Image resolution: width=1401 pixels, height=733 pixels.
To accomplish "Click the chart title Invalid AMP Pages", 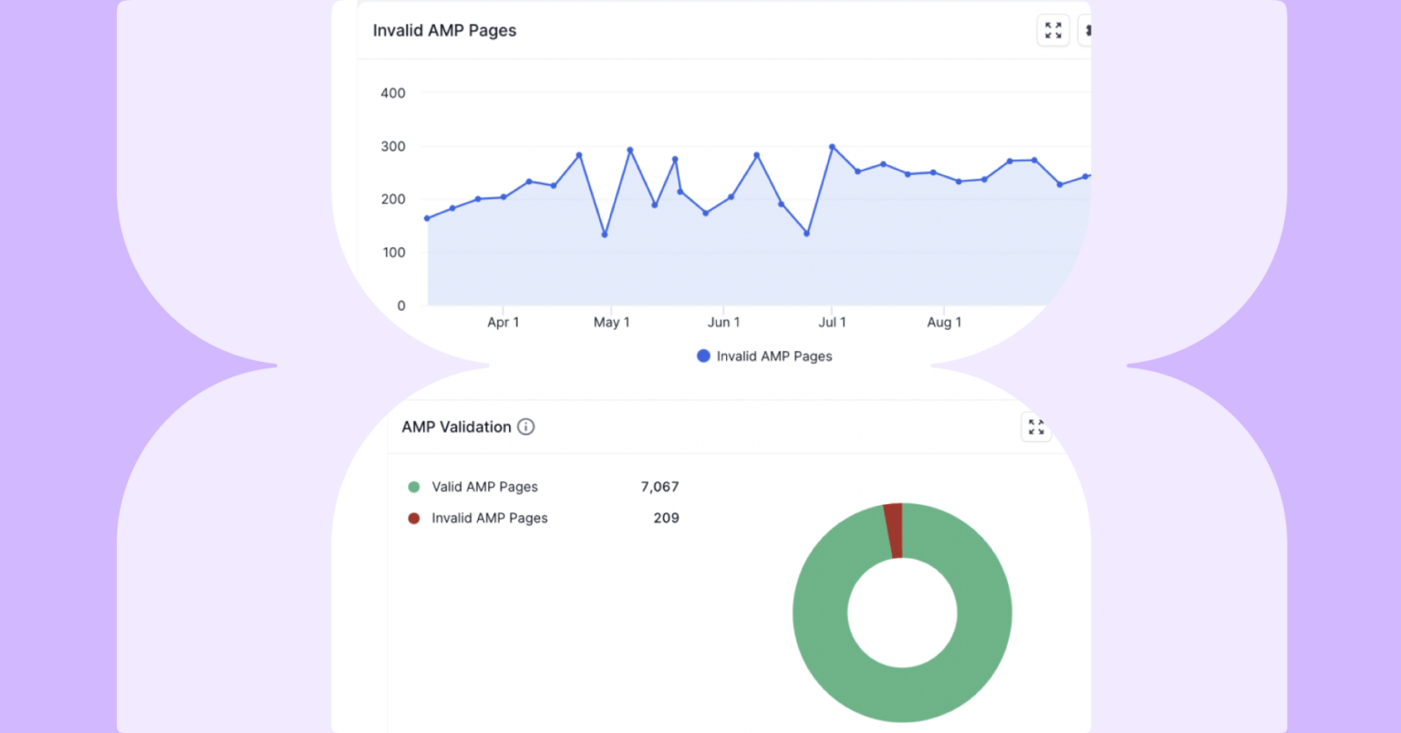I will (444, 30).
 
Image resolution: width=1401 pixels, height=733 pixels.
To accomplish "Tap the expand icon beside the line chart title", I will (1053, 30).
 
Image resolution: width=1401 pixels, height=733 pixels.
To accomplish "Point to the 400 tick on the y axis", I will (393, 93).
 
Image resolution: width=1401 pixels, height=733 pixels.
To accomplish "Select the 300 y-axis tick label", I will (393, 146).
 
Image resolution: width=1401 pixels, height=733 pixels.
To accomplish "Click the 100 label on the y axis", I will (394, 253).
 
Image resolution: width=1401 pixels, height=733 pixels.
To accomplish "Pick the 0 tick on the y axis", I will (400, 305).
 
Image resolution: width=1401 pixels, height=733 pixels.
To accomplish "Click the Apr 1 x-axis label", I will (503, 322).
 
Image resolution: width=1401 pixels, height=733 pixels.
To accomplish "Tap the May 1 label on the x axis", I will (611, 322).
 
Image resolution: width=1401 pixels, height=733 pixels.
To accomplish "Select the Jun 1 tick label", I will (723, 322).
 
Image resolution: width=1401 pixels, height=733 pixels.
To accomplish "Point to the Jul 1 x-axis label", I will (832, 322).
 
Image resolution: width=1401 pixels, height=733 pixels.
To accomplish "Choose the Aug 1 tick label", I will (944, 322).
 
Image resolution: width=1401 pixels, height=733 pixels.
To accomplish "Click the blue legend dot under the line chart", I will (703, 356).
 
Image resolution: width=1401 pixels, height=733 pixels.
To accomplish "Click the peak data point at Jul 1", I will (832, 147).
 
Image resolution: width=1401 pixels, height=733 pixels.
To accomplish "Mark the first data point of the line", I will (427, 219).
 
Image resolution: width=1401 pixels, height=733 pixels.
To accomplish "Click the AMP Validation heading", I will (456, 427).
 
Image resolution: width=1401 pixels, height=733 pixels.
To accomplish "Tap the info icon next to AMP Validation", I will (526, 427).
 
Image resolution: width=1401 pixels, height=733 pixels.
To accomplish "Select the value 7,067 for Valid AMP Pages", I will (659, 487).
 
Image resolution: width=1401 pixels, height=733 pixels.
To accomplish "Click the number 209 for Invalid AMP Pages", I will (666, 518).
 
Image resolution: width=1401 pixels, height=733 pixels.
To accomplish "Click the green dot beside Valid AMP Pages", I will (414, 487).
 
